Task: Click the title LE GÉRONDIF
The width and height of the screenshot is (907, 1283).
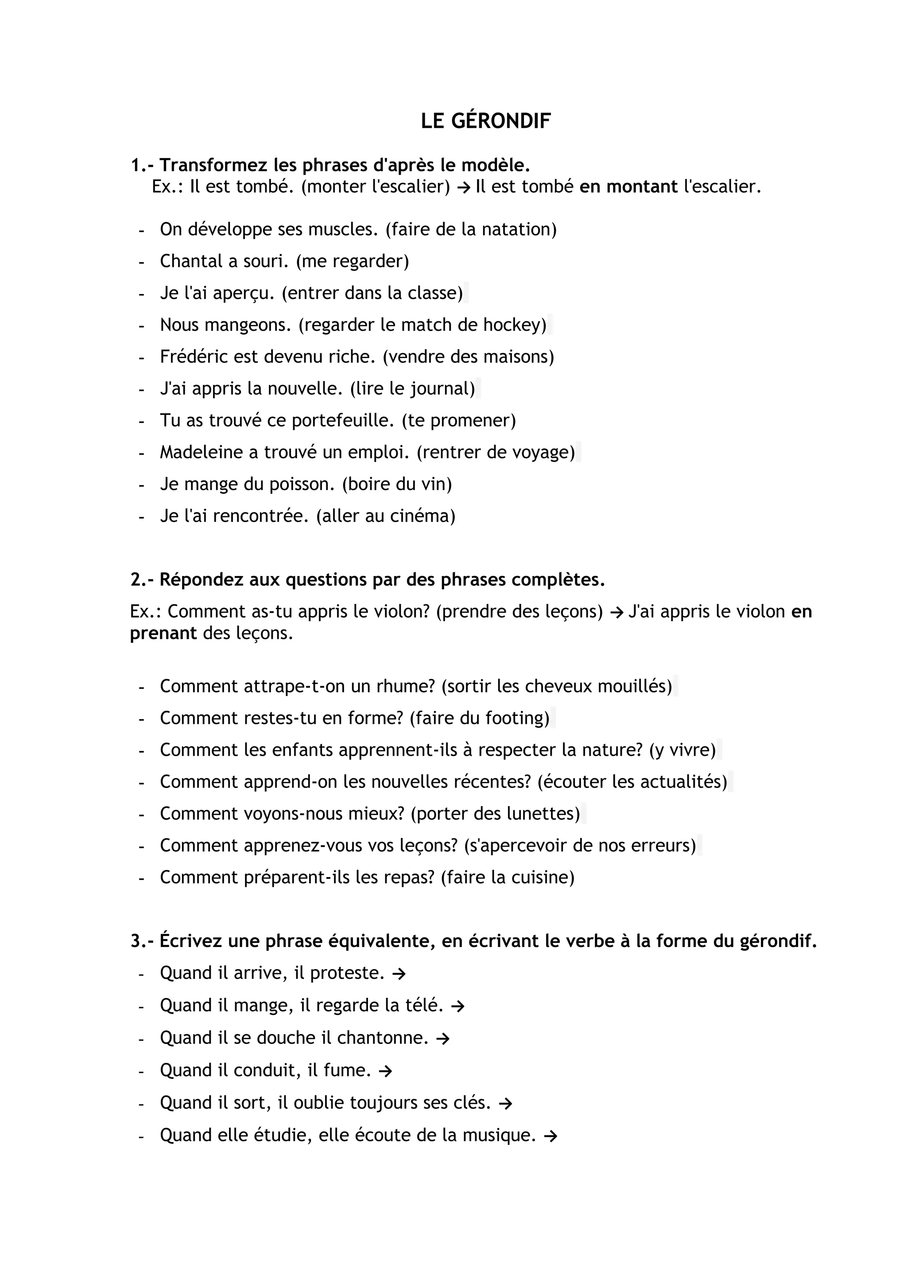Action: (486, 121)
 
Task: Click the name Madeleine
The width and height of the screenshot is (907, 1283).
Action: (201, 452)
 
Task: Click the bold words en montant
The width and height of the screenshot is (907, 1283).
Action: (628, 186)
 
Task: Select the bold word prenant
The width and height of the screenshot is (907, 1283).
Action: (163, 633)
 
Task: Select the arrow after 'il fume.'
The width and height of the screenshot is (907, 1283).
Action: (385, 1070)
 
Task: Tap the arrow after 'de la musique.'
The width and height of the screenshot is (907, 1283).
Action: (550, 1136)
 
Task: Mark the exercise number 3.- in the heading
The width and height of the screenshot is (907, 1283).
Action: (143, 941)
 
